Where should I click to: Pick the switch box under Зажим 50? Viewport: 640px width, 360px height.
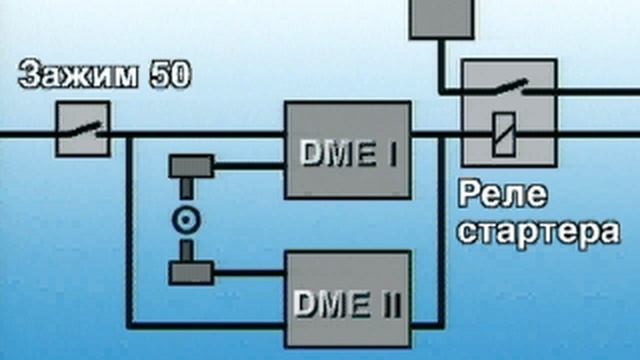pyautogui.click(x=83, y=129)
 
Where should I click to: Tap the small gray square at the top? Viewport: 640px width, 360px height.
pyautogui.click(x=441, y=18)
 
